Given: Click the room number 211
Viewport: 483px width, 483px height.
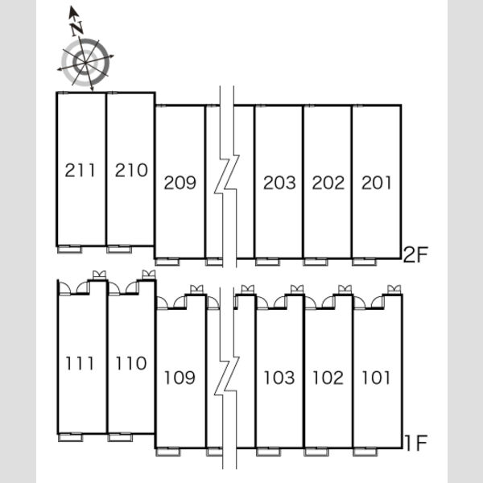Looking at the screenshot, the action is point(80,171).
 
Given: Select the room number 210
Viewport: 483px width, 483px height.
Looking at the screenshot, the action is point(131,171).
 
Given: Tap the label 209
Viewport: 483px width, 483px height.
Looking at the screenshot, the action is point(180,183).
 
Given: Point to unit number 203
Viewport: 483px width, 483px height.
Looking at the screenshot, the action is point(279,183).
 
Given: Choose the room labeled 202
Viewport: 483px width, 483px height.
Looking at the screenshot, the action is point(328,183).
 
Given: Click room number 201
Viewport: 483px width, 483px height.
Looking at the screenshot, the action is point(376,183).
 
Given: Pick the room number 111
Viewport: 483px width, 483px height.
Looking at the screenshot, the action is point(80,363).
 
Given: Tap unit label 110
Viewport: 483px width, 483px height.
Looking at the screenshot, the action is point(131,363).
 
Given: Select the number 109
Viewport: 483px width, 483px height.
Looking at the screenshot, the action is point(180,378).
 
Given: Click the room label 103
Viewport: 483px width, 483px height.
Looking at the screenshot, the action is point(279,378).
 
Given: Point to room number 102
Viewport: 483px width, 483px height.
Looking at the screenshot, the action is point(328,378).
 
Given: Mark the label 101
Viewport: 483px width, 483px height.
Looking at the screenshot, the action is point(376,378).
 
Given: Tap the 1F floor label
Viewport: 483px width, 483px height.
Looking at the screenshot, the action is point(416,442).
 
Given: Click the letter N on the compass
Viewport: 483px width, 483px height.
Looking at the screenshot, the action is point(76,27).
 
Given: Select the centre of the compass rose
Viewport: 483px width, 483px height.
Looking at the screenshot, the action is point(85,62).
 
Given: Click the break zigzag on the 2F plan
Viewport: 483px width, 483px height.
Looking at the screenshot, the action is point(227,175).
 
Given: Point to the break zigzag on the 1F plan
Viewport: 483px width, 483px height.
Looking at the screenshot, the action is point(227,377).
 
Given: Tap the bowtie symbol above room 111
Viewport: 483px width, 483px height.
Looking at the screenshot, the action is point(99,275).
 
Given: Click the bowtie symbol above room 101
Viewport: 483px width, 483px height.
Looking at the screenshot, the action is point(394,289).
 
